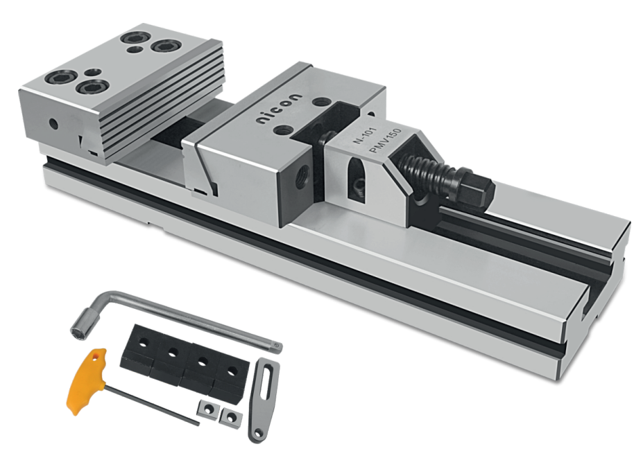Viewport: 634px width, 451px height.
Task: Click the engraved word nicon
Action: pos(279,109)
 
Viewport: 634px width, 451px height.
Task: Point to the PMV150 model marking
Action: pos(386,140)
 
